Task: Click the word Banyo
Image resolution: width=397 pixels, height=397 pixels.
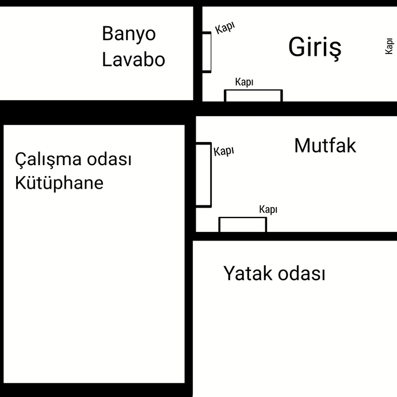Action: click(x=129, y=34)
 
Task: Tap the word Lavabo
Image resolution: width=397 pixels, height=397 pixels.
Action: click(x=133, y=59)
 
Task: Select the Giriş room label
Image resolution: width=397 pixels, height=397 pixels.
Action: click(x=315, y=48)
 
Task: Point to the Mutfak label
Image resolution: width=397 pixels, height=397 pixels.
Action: click(x=325, y=146)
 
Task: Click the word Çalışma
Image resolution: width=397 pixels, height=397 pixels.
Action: click(x=48, y=159)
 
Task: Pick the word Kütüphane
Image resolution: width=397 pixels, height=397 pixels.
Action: click(x=59, y=182)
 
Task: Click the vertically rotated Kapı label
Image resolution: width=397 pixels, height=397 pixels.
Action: click(x=389, y=46)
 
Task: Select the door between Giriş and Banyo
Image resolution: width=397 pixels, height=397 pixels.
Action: click(x=207, y=52)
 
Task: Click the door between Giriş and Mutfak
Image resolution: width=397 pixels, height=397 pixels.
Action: click(x=253, y=96)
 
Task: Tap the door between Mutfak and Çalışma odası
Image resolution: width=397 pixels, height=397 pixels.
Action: click(x=204, y=175)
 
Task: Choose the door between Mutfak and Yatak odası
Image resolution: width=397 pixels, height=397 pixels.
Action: click(x=243, y=224)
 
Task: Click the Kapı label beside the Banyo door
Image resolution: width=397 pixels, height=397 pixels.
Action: click(x=225, y=28)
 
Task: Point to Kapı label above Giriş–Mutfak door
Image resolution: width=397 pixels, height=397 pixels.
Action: click(x=245, y=82)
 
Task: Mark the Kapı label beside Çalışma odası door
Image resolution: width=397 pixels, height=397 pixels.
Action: click(x=224, y=151)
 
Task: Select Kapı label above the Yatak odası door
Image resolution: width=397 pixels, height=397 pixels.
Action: click(x=268, y=209)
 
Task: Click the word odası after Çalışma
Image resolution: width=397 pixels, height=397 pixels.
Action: click(x=109, y=159)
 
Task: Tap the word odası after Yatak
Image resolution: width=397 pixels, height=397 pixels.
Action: click(x=301, y=274)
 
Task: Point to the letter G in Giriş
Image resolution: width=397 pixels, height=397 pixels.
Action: click(x=297, y=47)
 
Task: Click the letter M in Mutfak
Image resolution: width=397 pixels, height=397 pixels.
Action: click(x=302, y=146)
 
